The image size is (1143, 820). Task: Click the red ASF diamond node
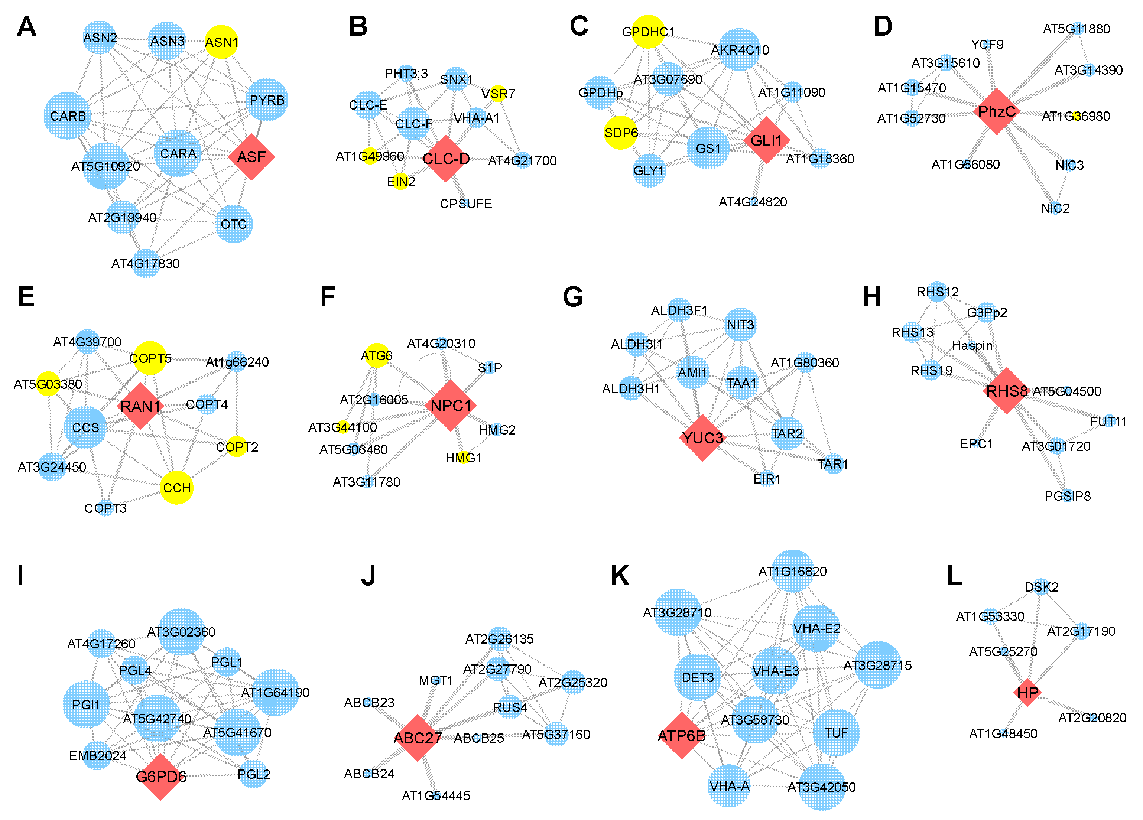(x=251, y=157)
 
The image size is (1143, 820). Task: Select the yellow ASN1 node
(x=221, y=42)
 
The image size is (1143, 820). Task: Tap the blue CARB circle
(x=68, y=116)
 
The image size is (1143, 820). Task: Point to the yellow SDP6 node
(x=621, y=133)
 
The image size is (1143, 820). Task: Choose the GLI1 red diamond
(x=766, y=140)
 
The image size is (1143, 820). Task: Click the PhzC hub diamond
(x=996, y=111)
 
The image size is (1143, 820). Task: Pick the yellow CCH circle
(x=176, y=487)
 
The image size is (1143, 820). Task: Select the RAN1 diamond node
(x=140, y=406)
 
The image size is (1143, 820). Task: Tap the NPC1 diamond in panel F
(x=451, y=405)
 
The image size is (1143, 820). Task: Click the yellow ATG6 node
(x=376, y=356)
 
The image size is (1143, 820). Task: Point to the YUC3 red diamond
(x=702, y=437)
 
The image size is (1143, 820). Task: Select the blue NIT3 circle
(x=740, y=325)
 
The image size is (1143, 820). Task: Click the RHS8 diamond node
(x=1006, y=391)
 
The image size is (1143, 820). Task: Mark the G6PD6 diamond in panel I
(x=161, y=777)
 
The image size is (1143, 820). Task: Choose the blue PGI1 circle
(x=86, y=704)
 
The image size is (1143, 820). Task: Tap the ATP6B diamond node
(x=682, y=736)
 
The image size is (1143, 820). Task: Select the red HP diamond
(x=1027, y=693)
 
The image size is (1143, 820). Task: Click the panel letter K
(x=620, y=576)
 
